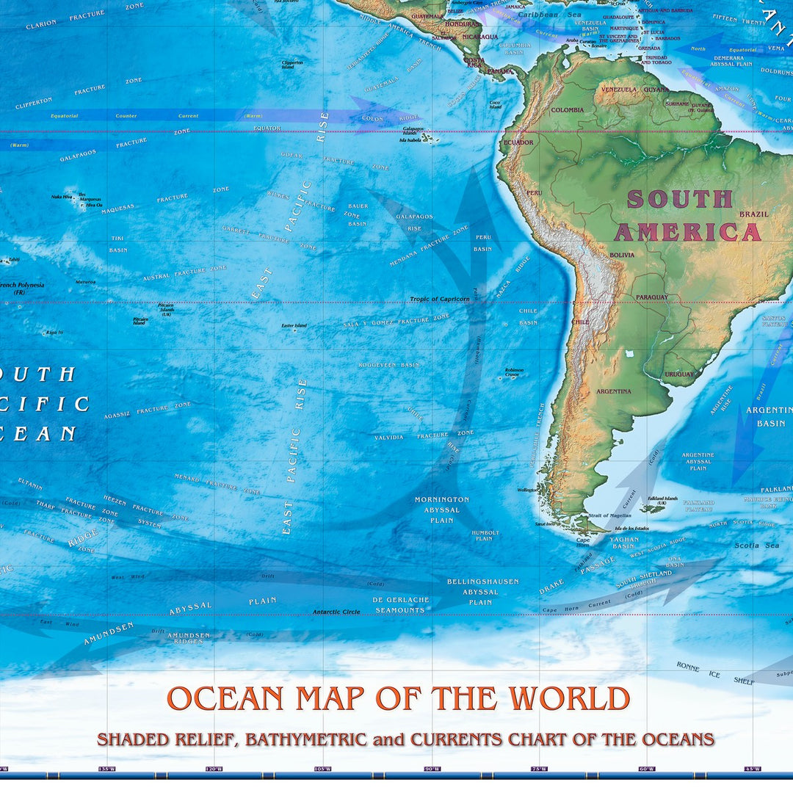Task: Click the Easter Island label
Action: coord(294,325)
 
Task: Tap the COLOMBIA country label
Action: coord(567,110)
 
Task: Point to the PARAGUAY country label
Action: coord(652,297)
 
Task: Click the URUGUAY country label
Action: coord(679,374)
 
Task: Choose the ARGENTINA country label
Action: coord(613,391)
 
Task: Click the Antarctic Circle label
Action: coord(336,612)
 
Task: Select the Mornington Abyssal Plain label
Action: coord(441,510)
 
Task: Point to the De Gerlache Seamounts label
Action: coord(399,605)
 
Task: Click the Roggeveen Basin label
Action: coord(388,365)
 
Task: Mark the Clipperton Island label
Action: coord(292,64)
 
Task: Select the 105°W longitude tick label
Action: coord(322,769)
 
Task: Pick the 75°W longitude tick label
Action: coord(539,769)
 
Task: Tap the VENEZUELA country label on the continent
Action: coord(618,90)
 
